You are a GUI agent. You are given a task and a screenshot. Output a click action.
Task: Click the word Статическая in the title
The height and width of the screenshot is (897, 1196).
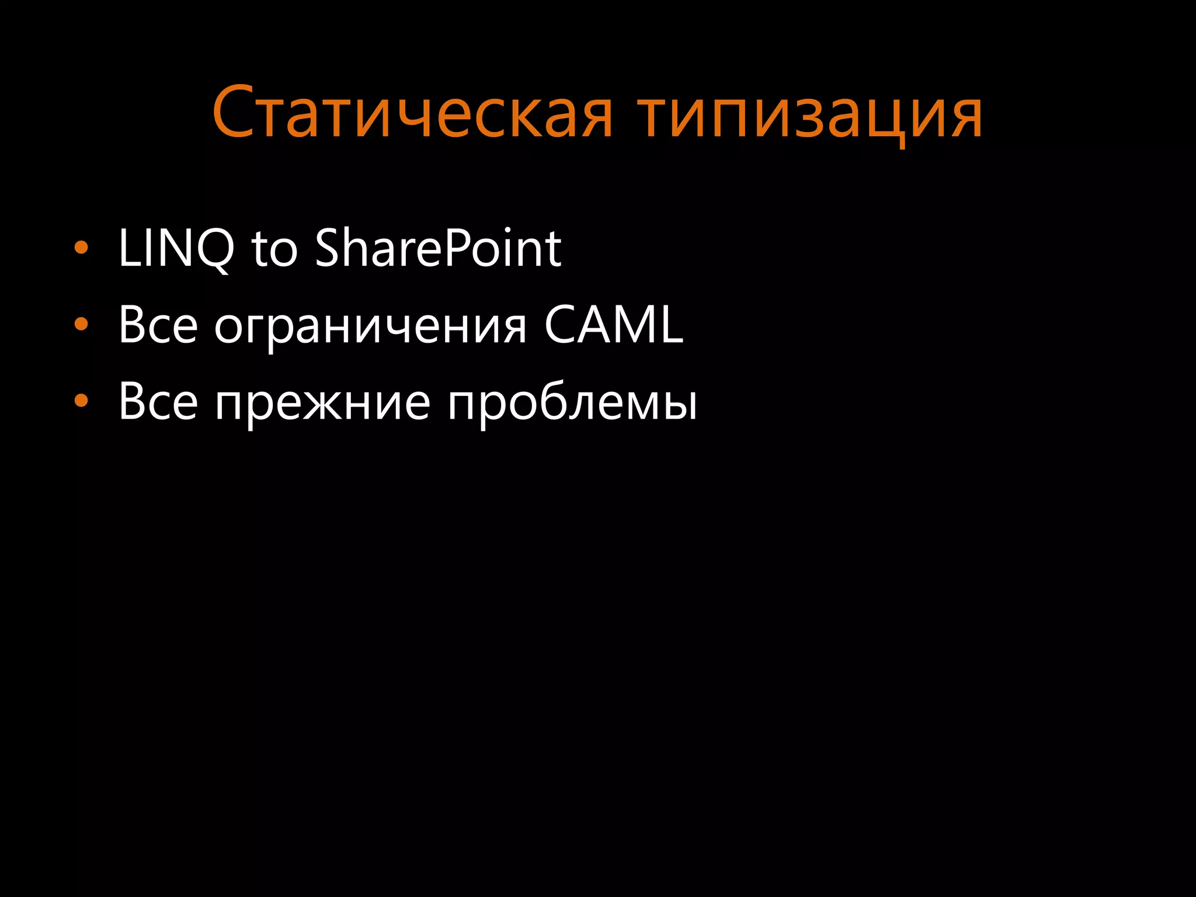pos(412,113)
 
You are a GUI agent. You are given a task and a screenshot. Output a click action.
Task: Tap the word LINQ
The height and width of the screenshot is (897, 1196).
pos(175,248)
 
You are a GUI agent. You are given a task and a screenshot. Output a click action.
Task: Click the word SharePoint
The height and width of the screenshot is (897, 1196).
pos(438,248)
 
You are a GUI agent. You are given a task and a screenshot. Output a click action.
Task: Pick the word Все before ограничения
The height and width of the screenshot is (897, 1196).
pos(158,325)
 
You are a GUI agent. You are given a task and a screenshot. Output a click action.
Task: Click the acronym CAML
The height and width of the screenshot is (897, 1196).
pos(613,325)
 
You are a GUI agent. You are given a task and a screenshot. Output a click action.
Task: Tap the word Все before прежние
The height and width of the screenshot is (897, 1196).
pos(158,402)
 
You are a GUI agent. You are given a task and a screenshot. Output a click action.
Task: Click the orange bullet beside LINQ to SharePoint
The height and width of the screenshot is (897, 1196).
pos(81,248)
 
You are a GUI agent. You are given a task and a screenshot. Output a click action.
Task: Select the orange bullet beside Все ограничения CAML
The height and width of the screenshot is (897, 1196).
pos(81,324)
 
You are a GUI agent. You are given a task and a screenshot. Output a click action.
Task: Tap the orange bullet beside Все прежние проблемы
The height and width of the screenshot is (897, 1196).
pos(81,401)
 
